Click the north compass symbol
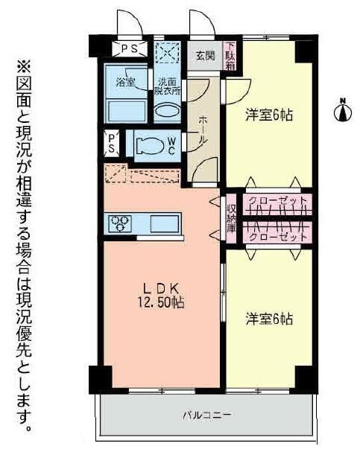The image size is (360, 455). click(x=344, y=112)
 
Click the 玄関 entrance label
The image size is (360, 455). click(x=204, y=55)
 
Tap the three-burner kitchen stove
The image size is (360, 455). click(x=120, y=223)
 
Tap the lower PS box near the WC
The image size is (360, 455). click(x=111, y=142)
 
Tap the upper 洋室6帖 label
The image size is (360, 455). click(x=269, y=115)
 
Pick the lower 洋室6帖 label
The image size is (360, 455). click(x=269, y=319)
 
